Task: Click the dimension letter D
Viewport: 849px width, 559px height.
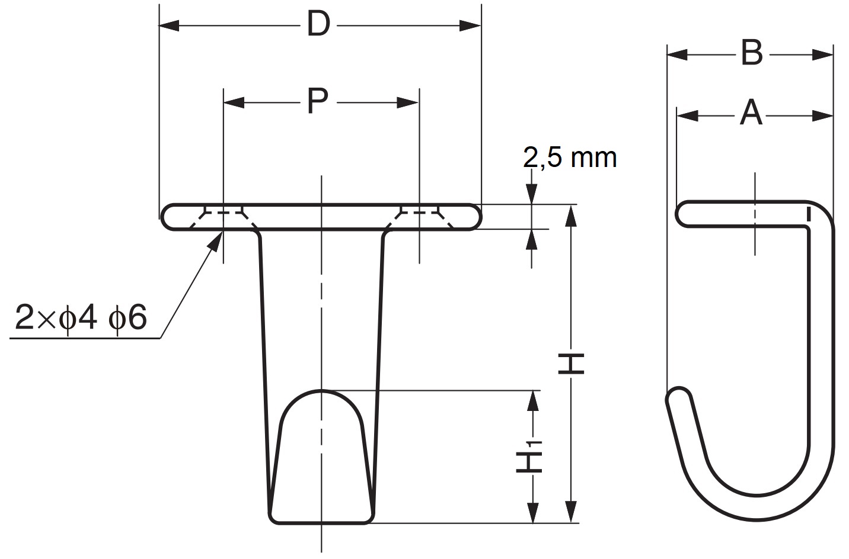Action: coord(318,25)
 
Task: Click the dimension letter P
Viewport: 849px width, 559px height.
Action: coord(318,102)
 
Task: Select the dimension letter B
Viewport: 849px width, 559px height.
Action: coord(751,54)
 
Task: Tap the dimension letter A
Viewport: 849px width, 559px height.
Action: coord(751,114)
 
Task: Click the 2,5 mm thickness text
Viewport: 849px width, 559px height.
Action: coord(570,158)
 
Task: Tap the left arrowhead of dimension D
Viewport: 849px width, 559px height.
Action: coord(170,25)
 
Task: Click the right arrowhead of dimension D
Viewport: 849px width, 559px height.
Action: coord(470,25)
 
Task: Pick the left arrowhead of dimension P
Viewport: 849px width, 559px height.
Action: coord(234,102)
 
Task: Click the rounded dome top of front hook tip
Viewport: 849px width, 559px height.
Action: coord(321,394)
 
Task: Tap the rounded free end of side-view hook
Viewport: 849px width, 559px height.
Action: coord(676,396)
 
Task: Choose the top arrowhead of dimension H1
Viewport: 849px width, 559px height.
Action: coord(533,401)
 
